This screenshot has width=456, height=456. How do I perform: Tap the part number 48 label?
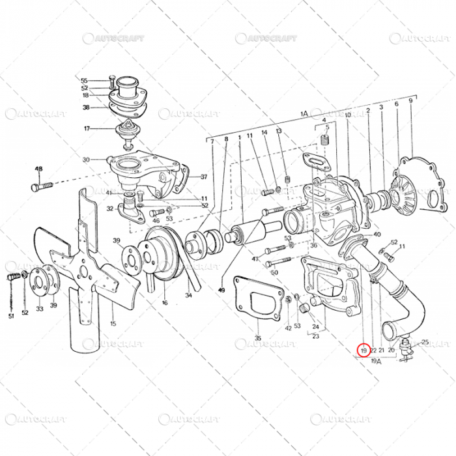point(38,169)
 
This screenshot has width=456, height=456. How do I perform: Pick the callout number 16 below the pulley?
point(165,303)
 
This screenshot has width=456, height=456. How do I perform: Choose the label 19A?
point(376,360)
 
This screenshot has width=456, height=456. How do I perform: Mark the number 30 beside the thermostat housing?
point(86,160)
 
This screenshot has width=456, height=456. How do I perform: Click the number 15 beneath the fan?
point(112,324)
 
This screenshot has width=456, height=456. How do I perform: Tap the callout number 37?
point(203,177)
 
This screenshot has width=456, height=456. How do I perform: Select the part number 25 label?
point(425,342)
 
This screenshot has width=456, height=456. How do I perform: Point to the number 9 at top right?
point(410,101)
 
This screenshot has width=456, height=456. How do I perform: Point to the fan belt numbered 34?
point(186,274)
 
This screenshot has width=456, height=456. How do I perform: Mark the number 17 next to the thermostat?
point(86,128)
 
